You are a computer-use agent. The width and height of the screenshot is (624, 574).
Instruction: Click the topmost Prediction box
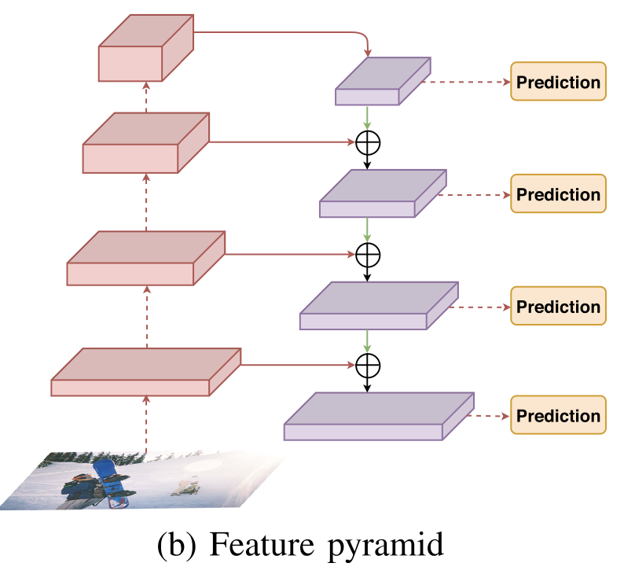[559, 82]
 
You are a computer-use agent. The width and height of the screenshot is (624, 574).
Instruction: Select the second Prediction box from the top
[559, 193]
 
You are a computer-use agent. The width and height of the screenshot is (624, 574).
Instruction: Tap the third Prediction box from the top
[559, 306]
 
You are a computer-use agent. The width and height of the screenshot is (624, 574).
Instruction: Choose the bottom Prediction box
[559, 415]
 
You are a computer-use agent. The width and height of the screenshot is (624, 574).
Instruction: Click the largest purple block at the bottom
[378, 417]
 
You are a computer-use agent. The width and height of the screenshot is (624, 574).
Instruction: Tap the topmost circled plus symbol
[367, 142]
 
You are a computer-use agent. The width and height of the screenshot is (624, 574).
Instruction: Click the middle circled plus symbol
[367, 254]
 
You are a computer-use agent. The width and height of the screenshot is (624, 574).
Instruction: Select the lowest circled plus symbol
[367, 365]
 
